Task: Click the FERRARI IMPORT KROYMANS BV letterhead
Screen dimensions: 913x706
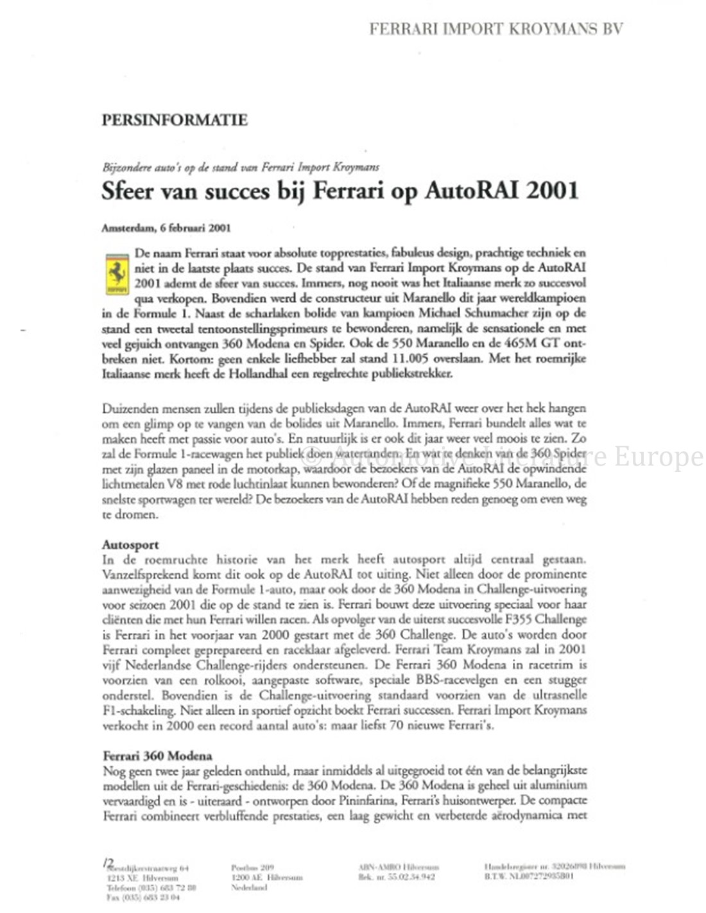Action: (x=495, y=29)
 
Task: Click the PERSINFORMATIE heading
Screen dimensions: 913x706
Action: (x=175, y=119)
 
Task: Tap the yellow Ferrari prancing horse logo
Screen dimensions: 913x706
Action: (x=116, y=276)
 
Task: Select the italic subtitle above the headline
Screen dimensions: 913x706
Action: (x=241, y=167)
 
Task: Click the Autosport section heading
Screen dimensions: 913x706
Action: (x=130, y=544)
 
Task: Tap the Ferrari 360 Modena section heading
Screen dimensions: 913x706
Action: (x=157, y=756)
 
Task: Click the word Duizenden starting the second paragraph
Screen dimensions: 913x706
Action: (x=128, y=408)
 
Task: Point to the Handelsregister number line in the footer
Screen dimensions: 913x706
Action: (x=554, y=867)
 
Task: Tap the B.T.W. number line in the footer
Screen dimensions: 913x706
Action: (x=529, y=877)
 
